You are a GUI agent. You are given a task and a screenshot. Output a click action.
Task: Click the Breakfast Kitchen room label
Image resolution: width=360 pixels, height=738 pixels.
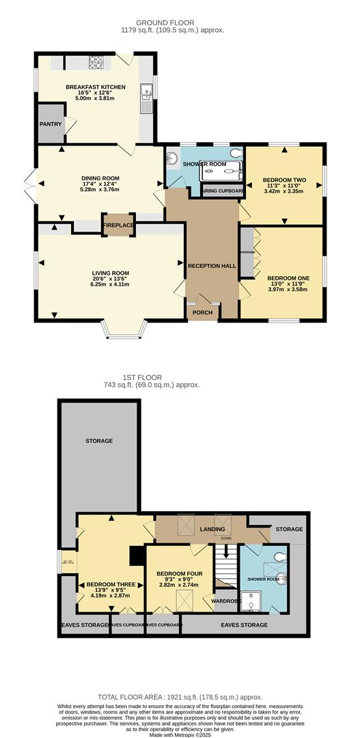point(95,87)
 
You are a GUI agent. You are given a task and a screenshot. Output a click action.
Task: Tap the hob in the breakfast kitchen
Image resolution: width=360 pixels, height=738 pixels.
point(96,64)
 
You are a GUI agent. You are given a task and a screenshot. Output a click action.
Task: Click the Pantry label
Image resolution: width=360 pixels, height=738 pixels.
point(51,124)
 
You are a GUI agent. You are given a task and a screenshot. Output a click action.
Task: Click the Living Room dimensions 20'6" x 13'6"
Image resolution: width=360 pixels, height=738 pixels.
point(110,280)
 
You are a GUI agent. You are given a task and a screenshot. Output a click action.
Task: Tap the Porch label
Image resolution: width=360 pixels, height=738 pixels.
point(202,312)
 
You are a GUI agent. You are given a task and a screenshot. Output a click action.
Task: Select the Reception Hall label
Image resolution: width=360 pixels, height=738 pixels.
point(211,266)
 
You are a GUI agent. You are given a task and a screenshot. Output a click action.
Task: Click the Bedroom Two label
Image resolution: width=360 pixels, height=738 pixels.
point(283,180)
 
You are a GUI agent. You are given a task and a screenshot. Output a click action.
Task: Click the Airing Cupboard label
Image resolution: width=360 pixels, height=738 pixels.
point(222,191)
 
